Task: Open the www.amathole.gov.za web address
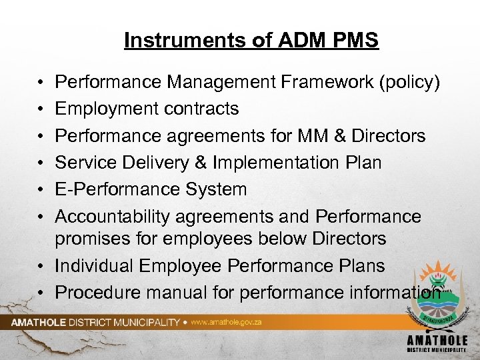(217, 321)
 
